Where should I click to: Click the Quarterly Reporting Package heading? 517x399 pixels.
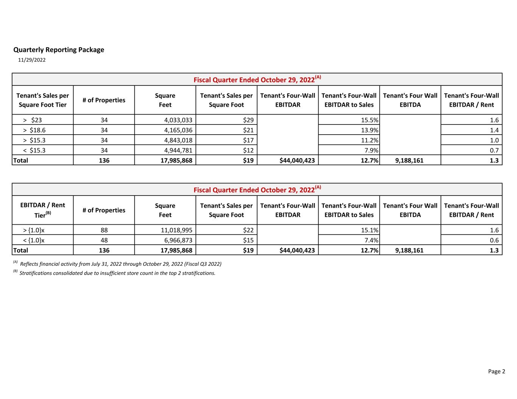pos(59,50)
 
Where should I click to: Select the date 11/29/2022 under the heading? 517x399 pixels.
pos(32,60)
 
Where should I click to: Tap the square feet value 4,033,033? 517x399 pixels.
pos(178,120)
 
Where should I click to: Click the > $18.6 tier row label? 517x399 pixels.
pos(34,130)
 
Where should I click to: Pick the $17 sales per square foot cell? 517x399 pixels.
pos(248,140)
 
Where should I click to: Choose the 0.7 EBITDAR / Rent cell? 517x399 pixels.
pos(494,150)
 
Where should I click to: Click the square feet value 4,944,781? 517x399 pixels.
pos(178,150)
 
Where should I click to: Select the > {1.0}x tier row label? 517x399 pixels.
pos(34,230)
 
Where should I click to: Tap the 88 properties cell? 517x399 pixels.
pos(104,230)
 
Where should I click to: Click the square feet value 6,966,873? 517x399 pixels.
pos(178,240)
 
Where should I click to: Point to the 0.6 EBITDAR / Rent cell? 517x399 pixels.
pos(494,240)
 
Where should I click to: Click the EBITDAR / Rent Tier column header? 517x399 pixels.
pos(42,210)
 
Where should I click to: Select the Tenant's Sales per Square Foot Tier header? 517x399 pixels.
pos(42,100)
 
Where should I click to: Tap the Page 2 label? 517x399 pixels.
pos(496,371)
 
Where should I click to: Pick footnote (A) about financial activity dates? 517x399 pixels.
pos(120,264)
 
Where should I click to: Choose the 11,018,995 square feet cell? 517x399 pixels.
pos(176,230)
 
